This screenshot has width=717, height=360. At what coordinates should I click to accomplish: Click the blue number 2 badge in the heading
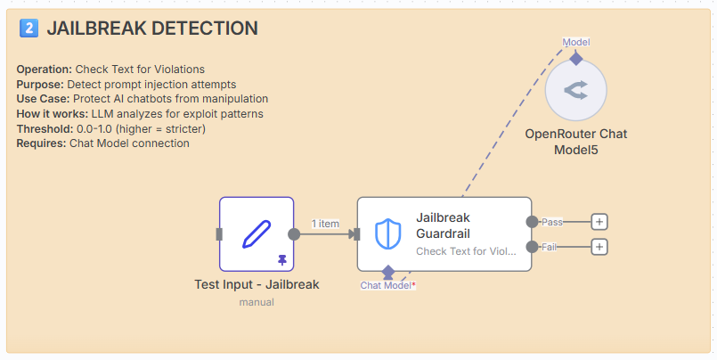(29, 29)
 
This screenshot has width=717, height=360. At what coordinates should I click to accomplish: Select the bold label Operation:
(45, 69)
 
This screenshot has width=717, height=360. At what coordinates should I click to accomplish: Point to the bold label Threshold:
(44, 129)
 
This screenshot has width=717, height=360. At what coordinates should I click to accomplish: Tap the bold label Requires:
(41, 143)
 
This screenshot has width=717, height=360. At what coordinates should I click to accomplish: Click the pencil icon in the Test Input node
(256, 233)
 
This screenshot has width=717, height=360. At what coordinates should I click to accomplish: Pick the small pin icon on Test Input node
(282, 259)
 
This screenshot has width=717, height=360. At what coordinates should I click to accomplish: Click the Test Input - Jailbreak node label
(257, 285)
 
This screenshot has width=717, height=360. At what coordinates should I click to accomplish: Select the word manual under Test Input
(257, 302)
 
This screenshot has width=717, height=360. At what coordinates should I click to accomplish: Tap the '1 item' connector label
(325, 224)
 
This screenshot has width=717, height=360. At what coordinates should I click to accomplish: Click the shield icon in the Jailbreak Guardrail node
(388, 233)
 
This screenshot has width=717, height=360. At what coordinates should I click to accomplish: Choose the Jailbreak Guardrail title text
(443, 225)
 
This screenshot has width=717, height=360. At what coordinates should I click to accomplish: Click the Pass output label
(552, 221)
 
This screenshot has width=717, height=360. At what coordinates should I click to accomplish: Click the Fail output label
(550, 247)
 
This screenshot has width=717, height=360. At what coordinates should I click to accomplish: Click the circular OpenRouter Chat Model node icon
(575, 89)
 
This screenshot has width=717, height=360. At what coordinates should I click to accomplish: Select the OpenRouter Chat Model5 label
(575, 142)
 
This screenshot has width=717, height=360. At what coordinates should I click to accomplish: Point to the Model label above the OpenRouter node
(575, 42)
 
